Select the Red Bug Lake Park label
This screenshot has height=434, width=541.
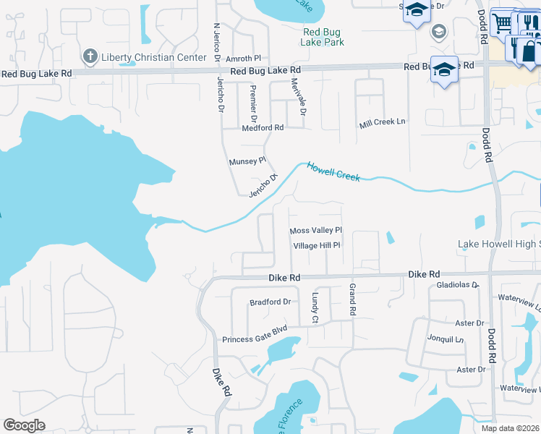point(323,37)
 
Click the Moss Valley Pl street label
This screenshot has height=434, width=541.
point(315,231)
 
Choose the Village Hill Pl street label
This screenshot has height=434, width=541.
point(317,246)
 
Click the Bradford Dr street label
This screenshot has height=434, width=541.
point(270,302)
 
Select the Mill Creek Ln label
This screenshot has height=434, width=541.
point(383,122)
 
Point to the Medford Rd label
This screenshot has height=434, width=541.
point(263,127)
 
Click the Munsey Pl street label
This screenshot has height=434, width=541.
point(248,162)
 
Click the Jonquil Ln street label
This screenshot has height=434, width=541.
point(445,338)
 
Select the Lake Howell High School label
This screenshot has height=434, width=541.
point(499,244)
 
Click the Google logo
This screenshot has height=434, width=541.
point(24,425)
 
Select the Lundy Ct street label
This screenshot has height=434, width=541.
point(315,307)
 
